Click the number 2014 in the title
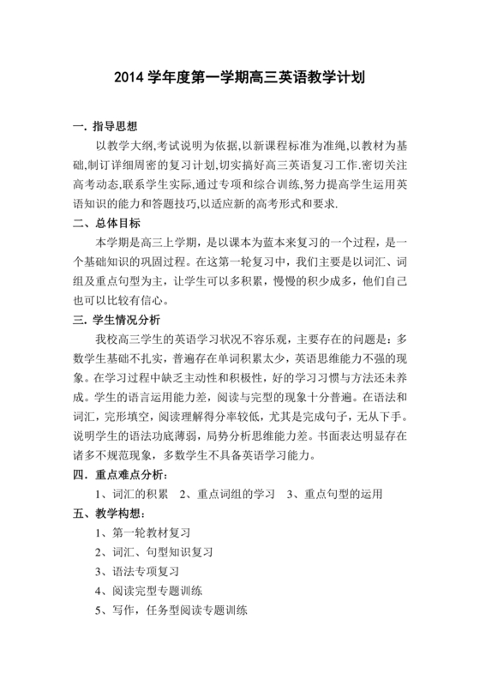(x=131, y=77)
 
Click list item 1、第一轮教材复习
(x=147, y=533)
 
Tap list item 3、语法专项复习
(x=141, y=572)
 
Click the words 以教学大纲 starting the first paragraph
(x=124, y=147)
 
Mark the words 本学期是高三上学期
(x=146, y=243)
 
